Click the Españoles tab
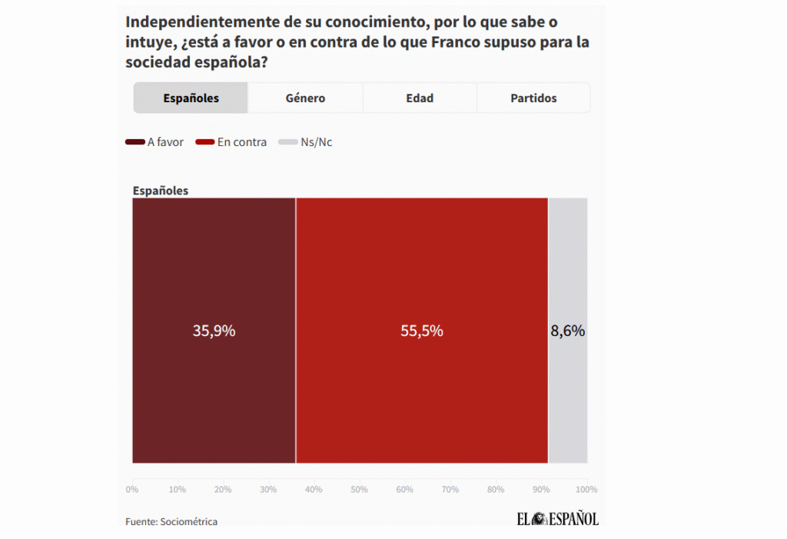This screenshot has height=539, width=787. [x=191, y=98]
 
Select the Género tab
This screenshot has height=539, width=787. [x=305, y=98]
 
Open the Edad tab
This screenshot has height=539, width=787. [x=420, y=98]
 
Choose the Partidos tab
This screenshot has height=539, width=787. [x=533, y=98]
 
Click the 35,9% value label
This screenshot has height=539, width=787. [x=214, y=331]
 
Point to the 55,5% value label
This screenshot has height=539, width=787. [x=422, y=331]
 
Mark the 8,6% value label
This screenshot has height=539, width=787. [x=568, y=331]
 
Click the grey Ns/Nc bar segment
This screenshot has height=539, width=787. [x=568, y=400]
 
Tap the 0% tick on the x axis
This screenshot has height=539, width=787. [x=132, y=490]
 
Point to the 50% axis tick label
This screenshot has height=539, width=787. [x=360, y=490]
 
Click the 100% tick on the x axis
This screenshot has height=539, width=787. [x=586, y=490]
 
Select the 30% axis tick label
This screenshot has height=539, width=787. [x=269, y=490]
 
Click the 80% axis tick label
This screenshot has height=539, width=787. [x=496, y=490]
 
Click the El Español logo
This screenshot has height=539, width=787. [x=557, y=519]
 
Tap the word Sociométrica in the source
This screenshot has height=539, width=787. [x=189, y=522]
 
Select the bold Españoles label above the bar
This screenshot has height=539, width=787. [x=161, y=191]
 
